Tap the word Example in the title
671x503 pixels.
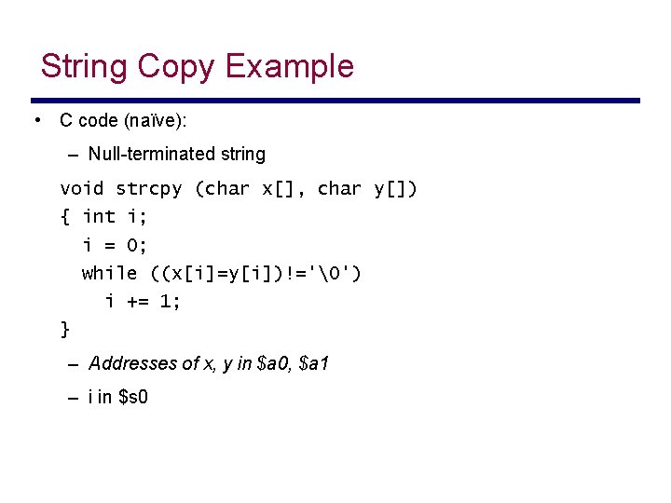click(290, 67)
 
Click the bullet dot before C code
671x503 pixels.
click(36, 120)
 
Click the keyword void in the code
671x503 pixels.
click(82, 189)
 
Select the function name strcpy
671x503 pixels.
click(149, 189)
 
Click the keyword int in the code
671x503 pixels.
click(99, 217)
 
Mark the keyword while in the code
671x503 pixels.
click(110, 273)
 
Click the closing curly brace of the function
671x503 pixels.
click(64, 329)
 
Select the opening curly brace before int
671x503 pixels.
click(64, 217)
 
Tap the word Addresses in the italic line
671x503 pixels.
click(130, 363)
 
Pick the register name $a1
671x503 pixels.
click(313, 363)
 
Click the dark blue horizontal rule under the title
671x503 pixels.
click(335, 101)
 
